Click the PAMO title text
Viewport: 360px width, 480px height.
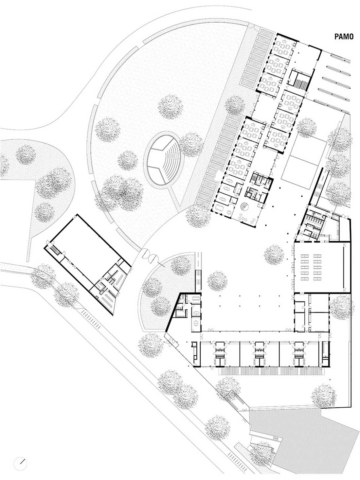[x=344, y=37]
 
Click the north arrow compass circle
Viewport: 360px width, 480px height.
[x=20, y=462]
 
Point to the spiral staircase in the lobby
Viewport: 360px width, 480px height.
[x=244, y=206]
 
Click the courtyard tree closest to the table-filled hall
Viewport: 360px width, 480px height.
[x=274, y=255]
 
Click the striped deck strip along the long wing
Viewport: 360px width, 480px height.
[x=271, y=371]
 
